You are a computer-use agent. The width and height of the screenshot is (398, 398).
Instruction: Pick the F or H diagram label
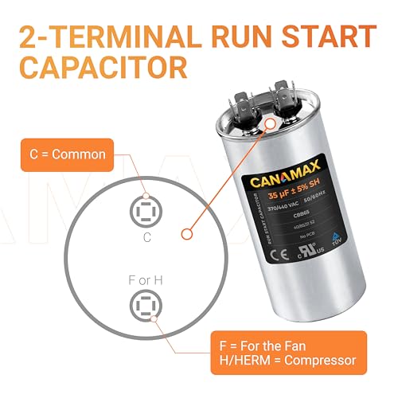144,279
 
